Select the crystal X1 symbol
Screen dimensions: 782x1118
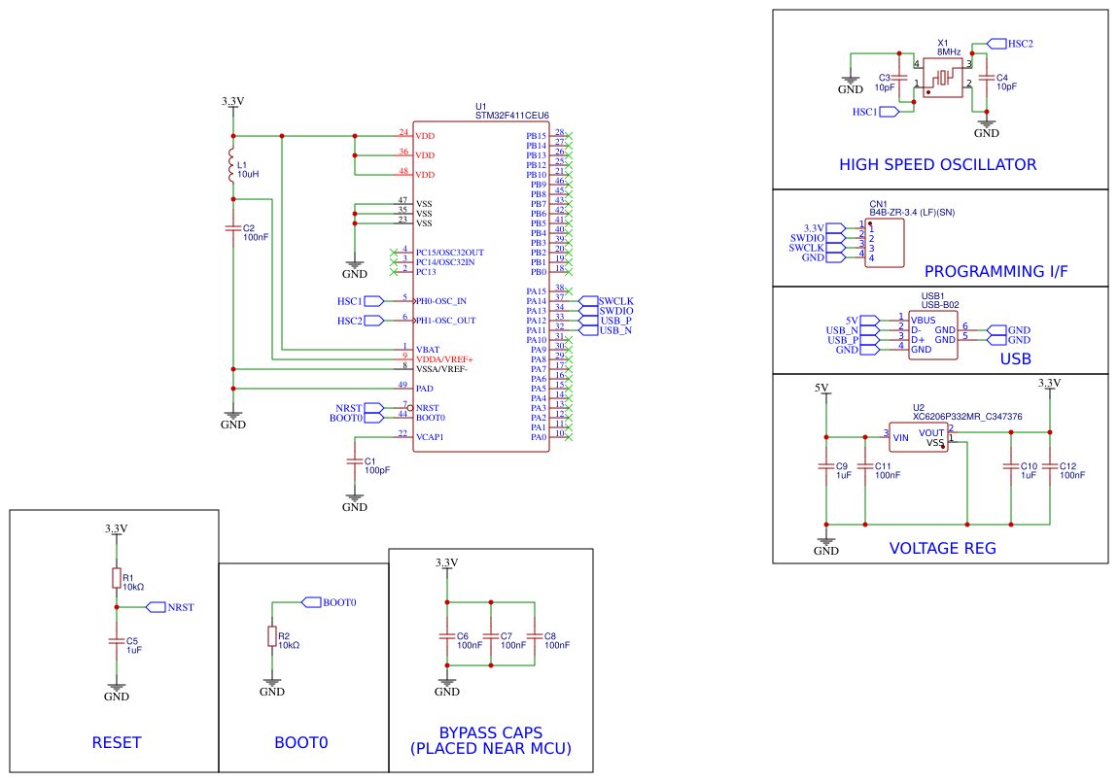(942, 77)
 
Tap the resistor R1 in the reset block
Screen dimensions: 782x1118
(116, 579)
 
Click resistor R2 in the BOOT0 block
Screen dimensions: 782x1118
(271, 636)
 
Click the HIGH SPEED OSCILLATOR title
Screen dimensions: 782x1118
(937, 165)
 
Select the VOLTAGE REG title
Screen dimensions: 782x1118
(942, 548)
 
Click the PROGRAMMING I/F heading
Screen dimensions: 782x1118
(996, 272)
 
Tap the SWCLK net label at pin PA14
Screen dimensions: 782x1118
(615, 301)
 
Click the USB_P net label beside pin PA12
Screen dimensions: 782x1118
(615, 321)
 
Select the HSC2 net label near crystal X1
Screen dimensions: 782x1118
(1019, 44)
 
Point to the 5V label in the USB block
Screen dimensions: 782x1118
(852, 320)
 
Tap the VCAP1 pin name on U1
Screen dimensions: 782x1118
(430, 437)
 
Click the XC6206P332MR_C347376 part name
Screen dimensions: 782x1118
(967, 416)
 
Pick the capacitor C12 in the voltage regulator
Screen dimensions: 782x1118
(1050, 469)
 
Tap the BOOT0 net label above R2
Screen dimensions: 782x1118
(339, 602)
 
